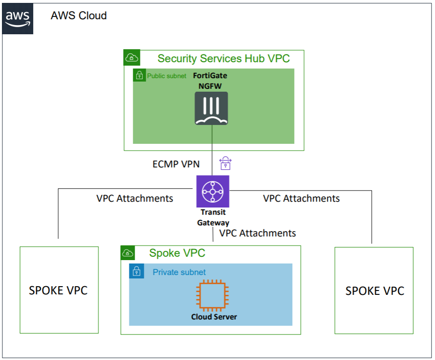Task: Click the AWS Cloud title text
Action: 79,15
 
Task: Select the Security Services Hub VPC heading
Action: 223,58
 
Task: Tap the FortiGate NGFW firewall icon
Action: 211,109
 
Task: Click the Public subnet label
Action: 166,76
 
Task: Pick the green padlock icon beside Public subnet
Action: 139,75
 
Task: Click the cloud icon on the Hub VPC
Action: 131,58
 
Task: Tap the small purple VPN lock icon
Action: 225,163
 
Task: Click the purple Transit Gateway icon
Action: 213,192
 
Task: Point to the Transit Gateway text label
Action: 213,218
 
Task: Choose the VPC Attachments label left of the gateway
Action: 135,198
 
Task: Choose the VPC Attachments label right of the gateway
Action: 301,198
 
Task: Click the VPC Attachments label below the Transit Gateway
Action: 258,233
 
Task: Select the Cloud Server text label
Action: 214,317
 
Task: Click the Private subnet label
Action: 179,272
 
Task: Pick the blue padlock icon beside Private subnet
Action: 136,271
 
